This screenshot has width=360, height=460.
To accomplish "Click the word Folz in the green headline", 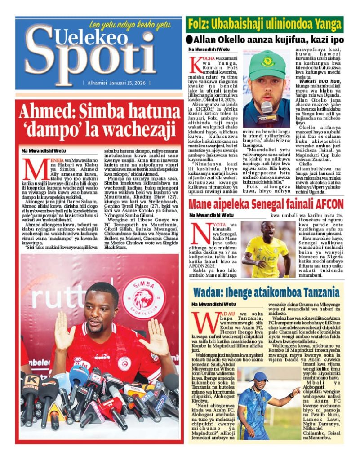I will point(198,24).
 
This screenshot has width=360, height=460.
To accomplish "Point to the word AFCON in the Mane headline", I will point(327,204).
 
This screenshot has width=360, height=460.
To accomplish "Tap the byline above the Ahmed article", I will point(43,150).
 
